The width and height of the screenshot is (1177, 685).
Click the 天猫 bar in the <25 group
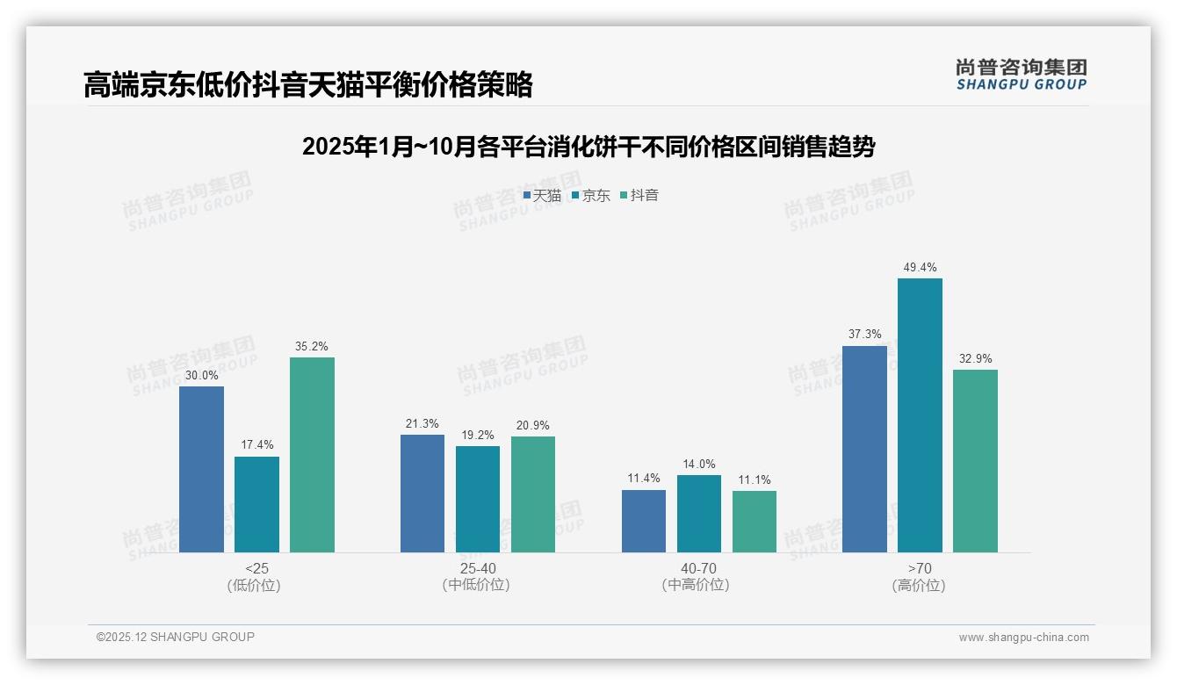click(x=201, y=469)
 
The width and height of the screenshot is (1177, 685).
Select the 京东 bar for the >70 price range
click(x=920, y=415)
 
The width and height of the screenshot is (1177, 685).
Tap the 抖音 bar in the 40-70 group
click(x=755, y=522)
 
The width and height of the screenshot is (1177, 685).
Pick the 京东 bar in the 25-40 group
click(x=478, y=499)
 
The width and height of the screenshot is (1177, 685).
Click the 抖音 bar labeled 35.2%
click(x=312, y=455)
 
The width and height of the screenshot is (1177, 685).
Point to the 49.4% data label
click(x=920, y=267)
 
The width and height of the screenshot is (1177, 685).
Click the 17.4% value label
click(x=256, y=444)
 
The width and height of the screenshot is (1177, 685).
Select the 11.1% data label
click(x=755, y=479)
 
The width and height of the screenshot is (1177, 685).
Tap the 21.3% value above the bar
click(x=422, y=423)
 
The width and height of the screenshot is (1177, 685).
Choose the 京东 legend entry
click(x=591, y=196)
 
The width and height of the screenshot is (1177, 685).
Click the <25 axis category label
click(x=256, y=568)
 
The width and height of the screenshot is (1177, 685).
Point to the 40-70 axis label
click(x=698, y=568)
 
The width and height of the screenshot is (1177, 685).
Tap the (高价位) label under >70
click(x=920, y=586)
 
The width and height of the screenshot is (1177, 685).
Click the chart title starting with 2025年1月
click(x=588, y=147)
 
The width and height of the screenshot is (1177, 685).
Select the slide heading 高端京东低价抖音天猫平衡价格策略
click(x=308, y=84)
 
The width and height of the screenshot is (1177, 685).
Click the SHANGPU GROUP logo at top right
click(x=1021, y=75)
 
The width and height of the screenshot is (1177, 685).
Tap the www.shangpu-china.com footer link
click(x=1023, y=638)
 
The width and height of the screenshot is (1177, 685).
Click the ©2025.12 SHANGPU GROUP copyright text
click(x=176, y=637)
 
